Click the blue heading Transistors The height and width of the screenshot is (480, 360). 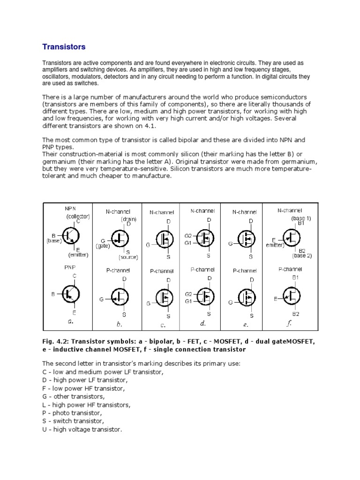pos(64,47)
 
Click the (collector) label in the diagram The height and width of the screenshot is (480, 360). pos(77,216)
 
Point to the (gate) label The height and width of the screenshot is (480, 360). pos(104,246)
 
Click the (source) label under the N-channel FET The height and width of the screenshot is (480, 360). pos(127,257)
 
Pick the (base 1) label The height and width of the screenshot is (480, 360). pos(301,218)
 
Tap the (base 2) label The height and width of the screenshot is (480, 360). pos(302,256)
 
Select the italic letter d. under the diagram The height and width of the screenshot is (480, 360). pos(203,323)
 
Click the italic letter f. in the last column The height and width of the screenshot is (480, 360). pos(290,323)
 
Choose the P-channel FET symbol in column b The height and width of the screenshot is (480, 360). pos(120,296)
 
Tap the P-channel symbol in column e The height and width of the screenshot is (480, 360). pos(247,297)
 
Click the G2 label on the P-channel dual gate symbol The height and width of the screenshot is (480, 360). pos(188,295)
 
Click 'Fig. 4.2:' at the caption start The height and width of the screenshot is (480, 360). pos(54,342)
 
